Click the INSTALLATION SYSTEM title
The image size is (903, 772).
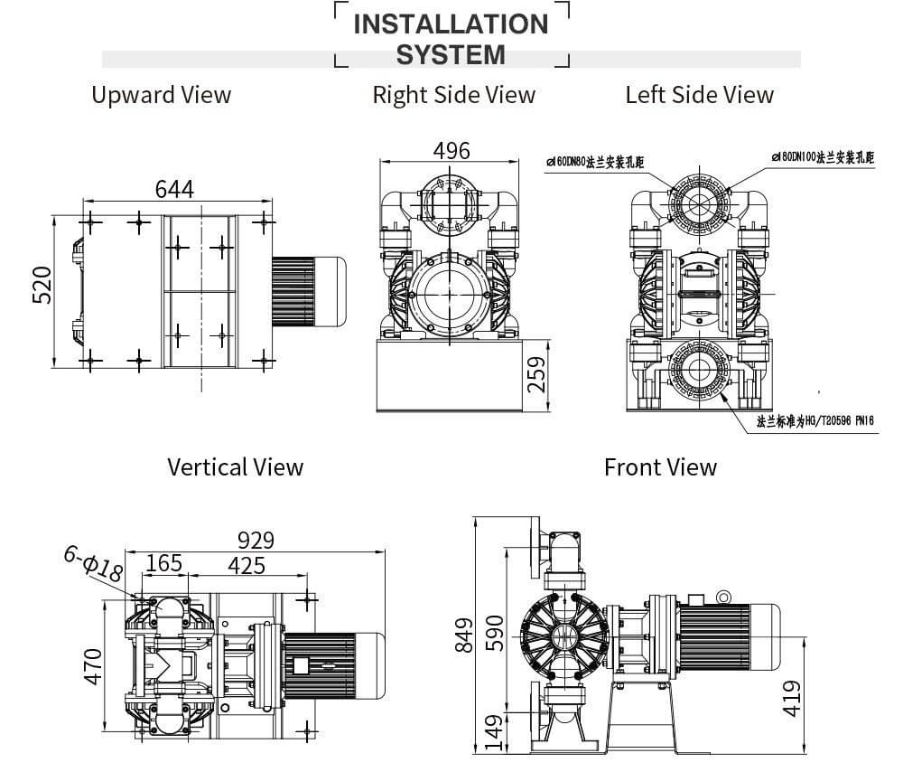451,39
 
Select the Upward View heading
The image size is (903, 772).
161,95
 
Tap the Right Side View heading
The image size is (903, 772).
453,95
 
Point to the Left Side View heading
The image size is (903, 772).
699,95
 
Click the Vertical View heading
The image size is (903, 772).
235,466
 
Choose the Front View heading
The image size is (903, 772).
660,466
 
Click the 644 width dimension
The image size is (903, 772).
174,189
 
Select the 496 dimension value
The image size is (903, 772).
451,150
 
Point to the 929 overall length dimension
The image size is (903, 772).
256,540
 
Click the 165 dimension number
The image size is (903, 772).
163,564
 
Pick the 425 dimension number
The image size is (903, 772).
247,565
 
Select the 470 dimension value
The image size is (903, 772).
93,665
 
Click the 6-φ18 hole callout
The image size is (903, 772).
93,564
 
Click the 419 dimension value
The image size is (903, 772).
791,698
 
